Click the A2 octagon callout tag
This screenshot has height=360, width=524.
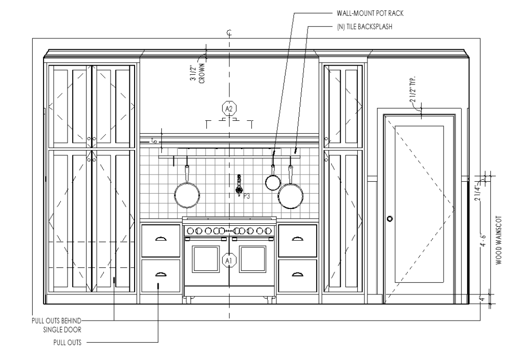click(229, 109)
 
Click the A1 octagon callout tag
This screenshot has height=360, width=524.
click(229, 260)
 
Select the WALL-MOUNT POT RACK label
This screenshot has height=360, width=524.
click(370, 13)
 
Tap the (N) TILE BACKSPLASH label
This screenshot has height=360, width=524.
click(364, 27)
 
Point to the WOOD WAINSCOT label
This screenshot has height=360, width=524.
click(498, 240)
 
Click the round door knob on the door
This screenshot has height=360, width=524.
click(389, 219)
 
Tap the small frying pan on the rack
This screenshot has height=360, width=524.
click(273, 182)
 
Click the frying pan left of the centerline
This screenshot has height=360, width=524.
click(187, 194)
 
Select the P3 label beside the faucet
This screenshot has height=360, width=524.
click(247, 196)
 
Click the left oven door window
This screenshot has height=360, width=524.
click(206, 259)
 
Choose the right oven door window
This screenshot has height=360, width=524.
click(252, 259)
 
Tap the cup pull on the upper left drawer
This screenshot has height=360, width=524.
click(161, 238)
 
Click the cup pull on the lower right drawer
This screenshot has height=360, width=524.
click(297, 274)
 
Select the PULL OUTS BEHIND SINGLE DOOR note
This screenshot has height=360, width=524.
click(56, 325)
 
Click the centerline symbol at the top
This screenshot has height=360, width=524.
click(229, 33)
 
